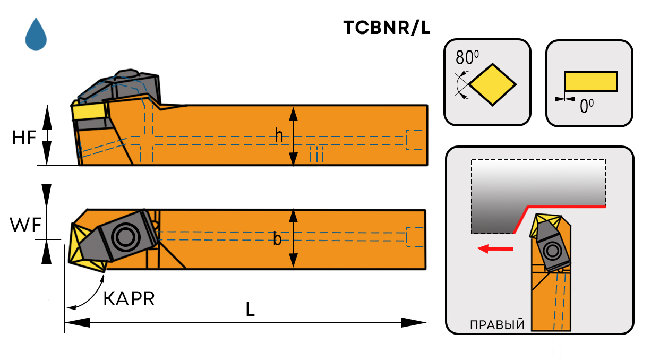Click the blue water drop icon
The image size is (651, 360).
[x=36, y=36]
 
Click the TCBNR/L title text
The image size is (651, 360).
[x=386, y=29]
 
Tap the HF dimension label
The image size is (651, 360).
[x=24, y=138]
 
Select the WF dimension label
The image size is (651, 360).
[x=25, y=226]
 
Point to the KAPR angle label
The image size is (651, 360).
[x=129, y=299]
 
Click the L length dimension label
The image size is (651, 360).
[x=250, y=310]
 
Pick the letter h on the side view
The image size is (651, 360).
[x=279, y=136]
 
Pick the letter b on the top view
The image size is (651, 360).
[x=277, y=239]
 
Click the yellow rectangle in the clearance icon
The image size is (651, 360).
[x=590, y=81]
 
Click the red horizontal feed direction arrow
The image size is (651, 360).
[x=495, y=248]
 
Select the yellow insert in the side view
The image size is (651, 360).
[x=89, y=112]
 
